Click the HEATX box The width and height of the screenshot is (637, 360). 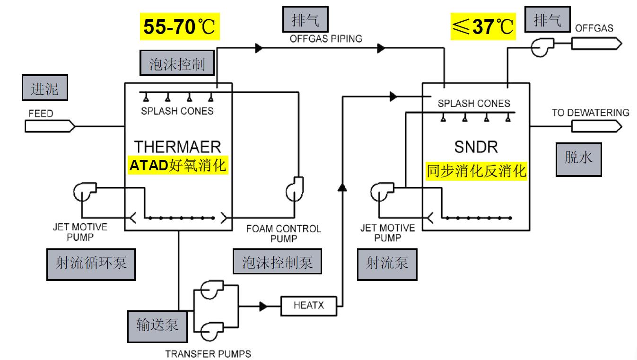pyautogui.click(x=308, y=306)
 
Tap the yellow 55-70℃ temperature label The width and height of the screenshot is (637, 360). pyautogui.click(x=180, y=26)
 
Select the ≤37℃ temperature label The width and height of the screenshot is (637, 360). pyautogui.click(x=481, y=26)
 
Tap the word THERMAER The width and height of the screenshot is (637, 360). pyautogui.click(x=177, y=146)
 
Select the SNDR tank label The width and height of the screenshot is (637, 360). pyautogui.click(x=476, y=147)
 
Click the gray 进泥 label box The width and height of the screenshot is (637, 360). pyautogui.click(x=45, y=89)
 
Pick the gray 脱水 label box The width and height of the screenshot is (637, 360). pyautogui.click(x=578, y=158)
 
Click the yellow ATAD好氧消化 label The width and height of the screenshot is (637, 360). pyautogui.click(x=178, y=166)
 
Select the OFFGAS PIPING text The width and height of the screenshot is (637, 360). pyautogui.click(x=326, y=39)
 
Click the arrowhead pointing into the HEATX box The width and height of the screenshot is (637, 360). pyautogui.click(x=263, y=307)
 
